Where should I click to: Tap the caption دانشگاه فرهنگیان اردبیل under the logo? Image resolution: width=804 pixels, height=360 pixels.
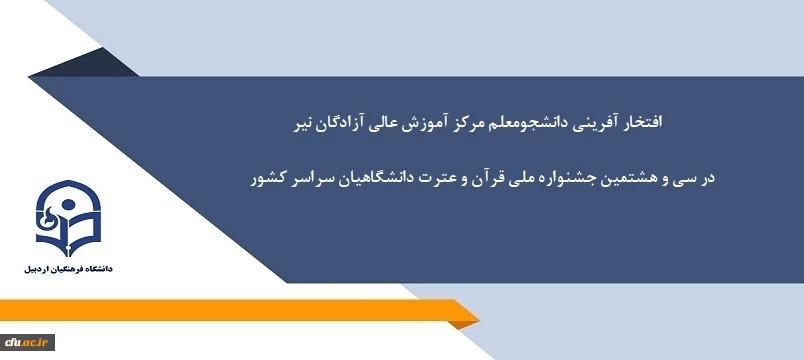[68, 271]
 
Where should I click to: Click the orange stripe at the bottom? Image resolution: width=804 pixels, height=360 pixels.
[240, 312]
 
